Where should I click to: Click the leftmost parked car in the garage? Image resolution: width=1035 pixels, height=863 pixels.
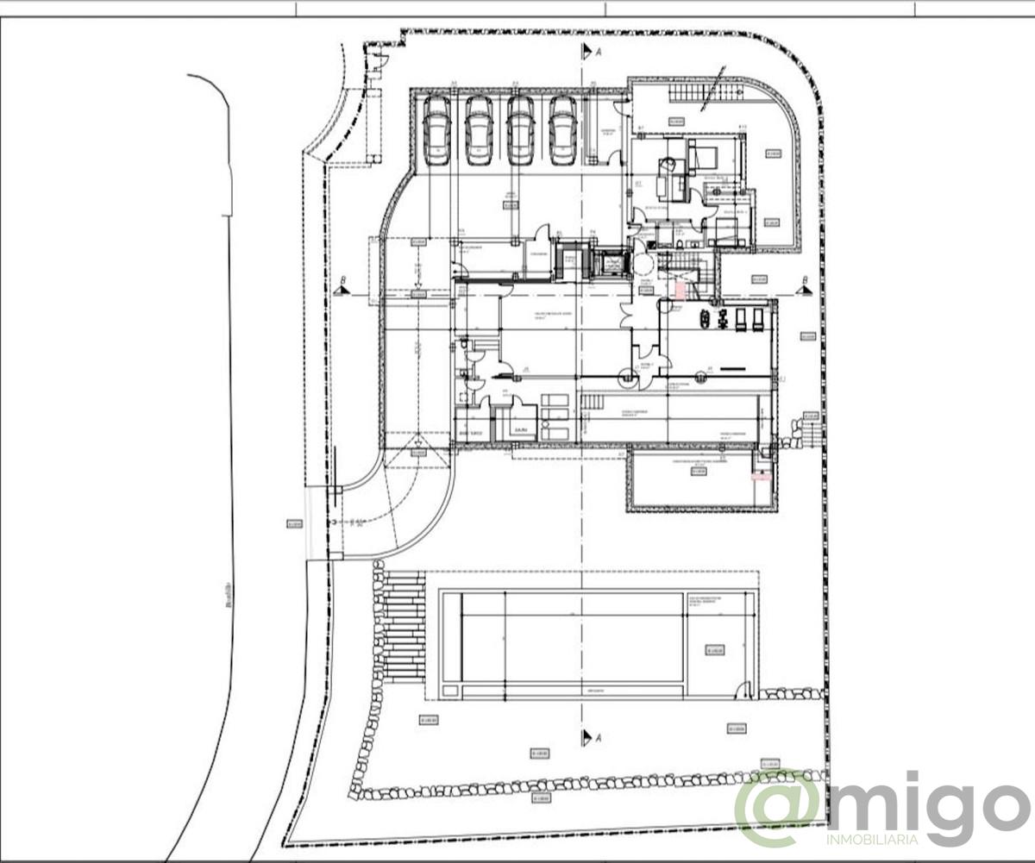pos(436,130)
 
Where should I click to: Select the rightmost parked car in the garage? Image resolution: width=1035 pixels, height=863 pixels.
pos(562,130)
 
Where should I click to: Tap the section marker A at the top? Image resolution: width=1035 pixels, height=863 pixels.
pos(588,51)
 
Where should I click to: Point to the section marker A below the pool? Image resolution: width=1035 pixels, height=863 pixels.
pos(588,737)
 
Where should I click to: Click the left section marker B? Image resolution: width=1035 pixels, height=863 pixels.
pos(342,291)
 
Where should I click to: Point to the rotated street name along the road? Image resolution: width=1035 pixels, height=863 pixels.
pos(229,594)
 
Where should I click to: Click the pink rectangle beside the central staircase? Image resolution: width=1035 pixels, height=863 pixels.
pos(680,291)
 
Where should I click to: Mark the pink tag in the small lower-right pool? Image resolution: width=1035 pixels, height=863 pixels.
pos(761,475)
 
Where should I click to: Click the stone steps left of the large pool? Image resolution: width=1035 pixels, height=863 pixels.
pos(403,625)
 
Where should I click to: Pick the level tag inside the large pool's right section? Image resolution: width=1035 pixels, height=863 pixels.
pos(713,650)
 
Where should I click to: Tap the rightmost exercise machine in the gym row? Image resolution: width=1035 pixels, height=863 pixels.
pos(757,319)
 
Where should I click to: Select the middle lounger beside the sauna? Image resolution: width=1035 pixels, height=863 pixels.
pos(555,416)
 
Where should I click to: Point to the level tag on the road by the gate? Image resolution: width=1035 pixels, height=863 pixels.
pos(294,523)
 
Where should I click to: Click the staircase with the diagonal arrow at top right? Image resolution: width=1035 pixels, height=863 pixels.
pos(706,92)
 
